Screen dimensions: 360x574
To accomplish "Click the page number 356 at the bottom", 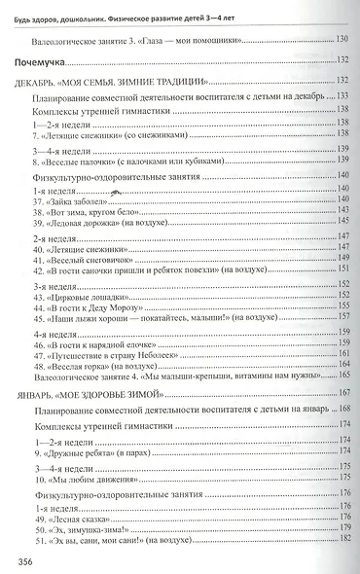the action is tap(19, 558).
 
